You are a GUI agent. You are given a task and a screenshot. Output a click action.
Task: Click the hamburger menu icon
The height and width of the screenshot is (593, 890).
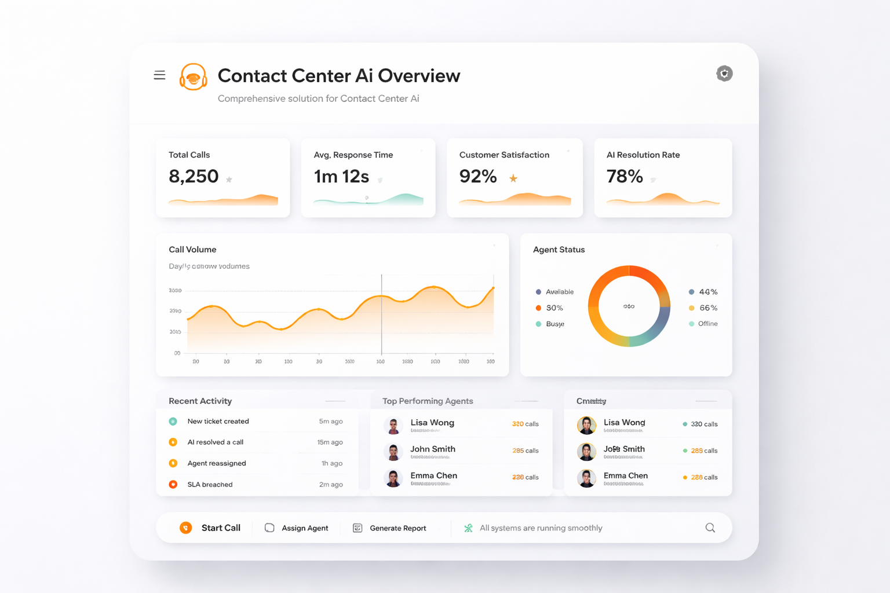point(159,75)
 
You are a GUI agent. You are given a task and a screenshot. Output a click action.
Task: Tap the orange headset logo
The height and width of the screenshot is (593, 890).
point(194,77)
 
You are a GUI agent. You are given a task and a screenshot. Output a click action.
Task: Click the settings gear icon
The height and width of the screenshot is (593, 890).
point(724,74)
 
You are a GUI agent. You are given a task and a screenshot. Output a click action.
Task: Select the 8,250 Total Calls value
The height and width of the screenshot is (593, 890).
point(194,176)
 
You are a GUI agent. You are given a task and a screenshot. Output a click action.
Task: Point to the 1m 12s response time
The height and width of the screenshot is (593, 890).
point(341,176)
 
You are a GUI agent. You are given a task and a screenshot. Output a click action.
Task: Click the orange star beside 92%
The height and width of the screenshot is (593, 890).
point(513,178)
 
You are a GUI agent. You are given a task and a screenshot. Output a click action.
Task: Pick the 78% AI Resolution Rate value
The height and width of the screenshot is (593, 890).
point(625,176)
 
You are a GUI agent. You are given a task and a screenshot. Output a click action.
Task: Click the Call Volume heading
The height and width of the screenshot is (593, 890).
point(192,250)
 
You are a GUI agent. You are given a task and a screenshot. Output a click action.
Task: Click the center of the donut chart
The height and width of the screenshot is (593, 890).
point(629,306)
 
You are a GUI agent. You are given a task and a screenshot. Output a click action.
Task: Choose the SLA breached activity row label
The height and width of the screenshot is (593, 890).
point(210,485)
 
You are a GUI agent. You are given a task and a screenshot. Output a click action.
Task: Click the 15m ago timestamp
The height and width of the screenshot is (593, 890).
point(330,442)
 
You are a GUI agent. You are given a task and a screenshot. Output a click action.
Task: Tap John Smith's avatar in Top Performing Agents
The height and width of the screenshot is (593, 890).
point(393,452)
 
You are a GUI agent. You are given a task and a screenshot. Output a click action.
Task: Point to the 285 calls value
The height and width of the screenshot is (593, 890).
point(525,451)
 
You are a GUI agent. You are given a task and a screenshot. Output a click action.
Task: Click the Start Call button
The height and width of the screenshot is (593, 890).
point(210,528)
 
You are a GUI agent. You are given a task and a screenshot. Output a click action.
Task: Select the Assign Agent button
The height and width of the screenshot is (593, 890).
point(297,528)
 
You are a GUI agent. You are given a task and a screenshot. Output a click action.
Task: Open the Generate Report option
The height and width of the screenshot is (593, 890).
point(390,528)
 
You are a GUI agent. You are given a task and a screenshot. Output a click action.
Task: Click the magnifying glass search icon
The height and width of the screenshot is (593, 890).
point(710,528)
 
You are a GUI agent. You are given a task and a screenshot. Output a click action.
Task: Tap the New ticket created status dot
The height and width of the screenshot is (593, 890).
point(173,422)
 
